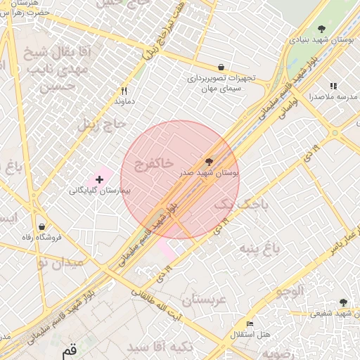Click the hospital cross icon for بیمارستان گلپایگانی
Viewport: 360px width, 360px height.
pos(99,179)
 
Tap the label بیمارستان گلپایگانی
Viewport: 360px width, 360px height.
pos(99,191)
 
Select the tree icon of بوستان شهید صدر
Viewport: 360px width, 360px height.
pos(208,161)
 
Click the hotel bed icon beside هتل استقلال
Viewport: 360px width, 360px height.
pos(250,323)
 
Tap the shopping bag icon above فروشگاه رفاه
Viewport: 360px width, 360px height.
pos(42,226)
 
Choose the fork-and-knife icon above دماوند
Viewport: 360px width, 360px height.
pos(124,91)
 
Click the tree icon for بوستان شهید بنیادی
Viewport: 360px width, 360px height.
pos(321,30)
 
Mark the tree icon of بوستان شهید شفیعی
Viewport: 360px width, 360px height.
pos(343,302)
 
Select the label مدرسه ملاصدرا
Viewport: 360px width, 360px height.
pos(333,96)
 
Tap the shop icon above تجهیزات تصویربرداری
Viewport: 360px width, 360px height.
pos(221,67)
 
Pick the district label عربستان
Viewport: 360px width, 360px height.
pos(207,301)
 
